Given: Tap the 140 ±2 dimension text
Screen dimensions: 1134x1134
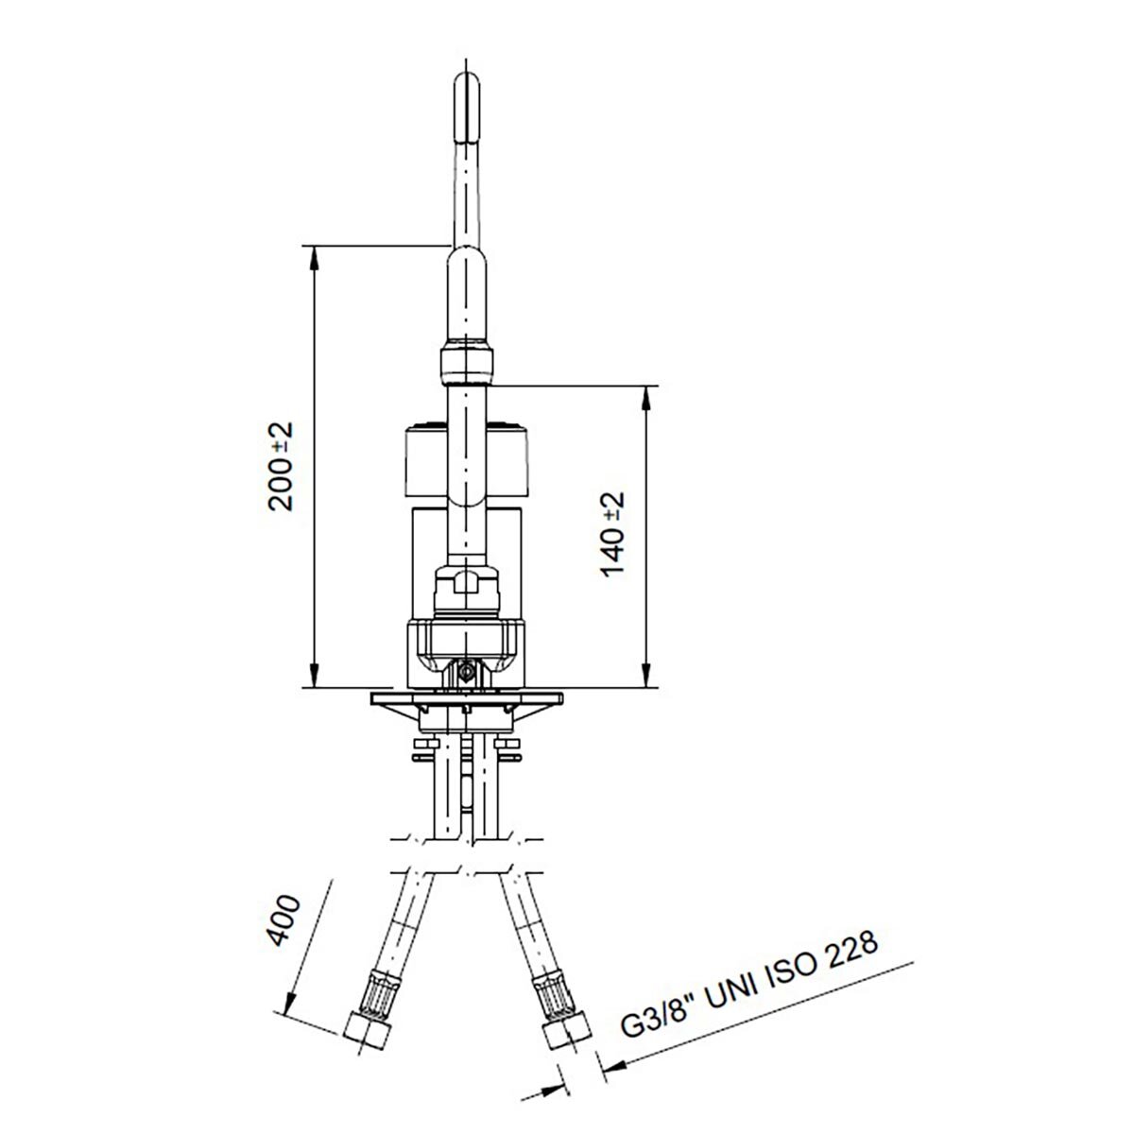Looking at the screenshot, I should click(x=614, y=533).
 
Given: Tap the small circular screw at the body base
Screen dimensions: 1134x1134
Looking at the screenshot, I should click(x=465, y=672).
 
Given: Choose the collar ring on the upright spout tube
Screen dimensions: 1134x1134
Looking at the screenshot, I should click(x=467, y=363).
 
